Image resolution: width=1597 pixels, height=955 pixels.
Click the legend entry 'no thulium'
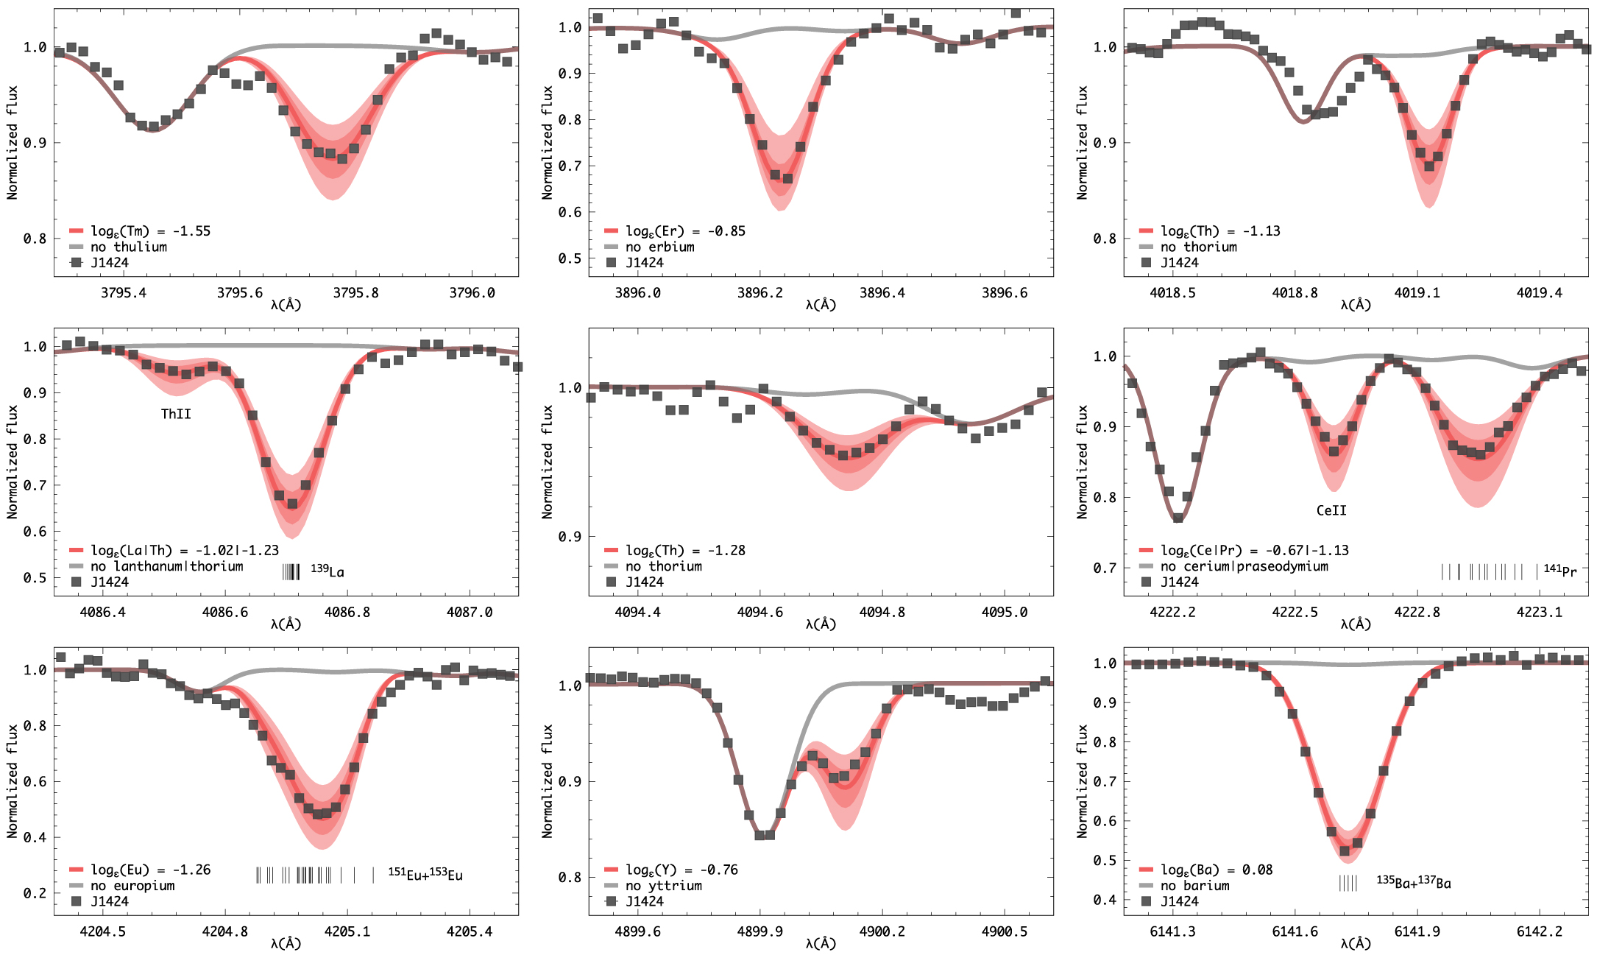tap(129, 247)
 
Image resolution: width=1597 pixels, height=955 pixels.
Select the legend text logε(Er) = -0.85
tap(685, 231)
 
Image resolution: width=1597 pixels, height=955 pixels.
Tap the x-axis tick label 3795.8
tap(355, 293)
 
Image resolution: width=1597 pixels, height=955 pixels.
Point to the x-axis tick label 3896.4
tap(882, 293)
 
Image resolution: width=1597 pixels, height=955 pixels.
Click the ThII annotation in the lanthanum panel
tap(176, 414)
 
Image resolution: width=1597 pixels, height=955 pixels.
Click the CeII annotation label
tap(1331, 510)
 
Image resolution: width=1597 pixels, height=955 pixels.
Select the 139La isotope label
tap(327, 571)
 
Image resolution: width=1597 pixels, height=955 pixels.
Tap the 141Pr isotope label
tap(1559, 570)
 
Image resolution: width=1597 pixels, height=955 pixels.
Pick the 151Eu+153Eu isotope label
tap(425, 874)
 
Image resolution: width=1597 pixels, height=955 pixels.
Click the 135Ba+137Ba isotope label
tap(1414, 882)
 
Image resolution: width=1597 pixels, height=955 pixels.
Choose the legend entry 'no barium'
tap(1195, 885)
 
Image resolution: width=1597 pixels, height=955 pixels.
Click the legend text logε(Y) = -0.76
tap(681, 870)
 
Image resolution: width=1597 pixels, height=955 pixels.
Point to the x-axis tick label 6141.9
tap(1417, 931)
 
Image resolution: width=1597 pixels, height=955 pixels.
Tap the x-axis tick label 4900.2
tap(882, 931)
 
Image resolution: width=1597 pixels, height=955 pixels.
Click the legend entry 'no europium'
tap(132, 885)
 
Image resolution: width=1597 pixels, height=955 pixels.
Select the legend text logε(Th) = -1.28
tap(685, 550)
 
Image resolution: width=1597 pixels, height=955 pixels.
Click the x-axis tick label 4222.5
tap(1295, 612)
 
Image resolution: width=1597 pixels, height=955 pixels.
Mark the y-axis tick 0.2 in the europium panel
tap(35, 893)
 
